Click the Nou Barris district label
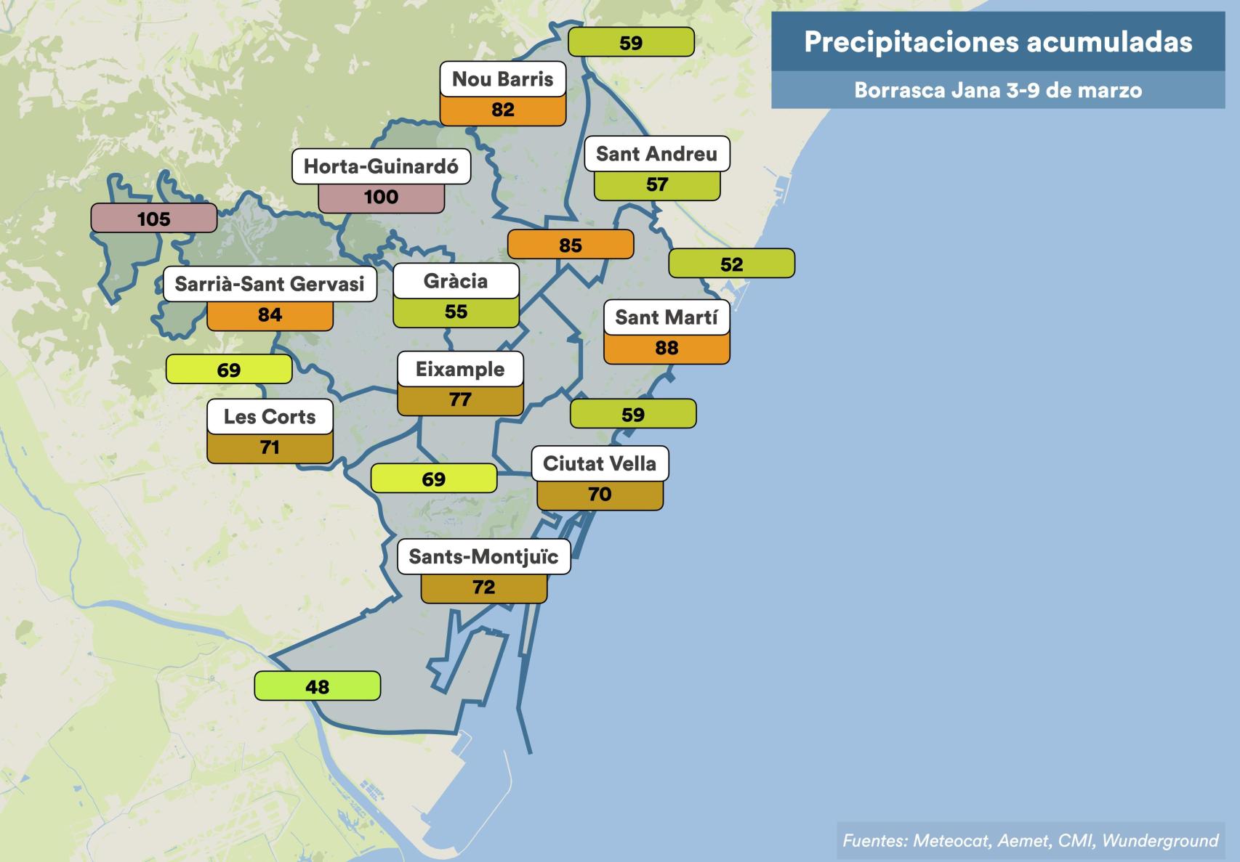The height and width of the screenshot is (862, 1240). click(x=502, y=79)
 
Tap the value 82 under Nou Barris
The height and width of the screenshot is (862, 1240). click(x=502, y=110)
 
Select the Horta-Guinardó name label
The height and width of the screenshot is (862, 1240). click(x=381, y=167)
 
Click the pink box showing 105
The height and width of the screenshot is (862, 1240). click(x=153, y=219)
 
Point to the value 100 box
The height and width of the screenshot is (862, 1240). click(x=381, y=198)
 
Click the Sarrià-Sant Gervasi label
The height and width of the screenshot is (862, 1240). click(x=270, y=284)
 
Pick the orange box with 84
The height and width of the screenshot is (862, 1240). click(x=270, y=315)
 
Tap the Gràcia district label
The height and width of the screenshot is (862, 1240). click(x=456, y=281)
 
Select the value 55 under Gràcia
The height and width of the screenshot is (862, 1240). click(x=456, y=312)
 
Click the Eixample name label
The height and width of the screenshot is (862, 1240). click(x=460, y=370)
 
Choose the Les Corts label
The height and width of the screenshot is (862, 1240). click(x=270, y=417)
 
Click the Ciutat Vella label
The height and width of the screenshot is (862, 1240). click(x=600, y=464)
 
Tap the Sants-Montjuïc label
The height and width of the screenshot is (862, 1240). click(x=483, y=557)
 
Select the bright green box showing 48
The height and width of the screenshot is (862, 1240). click(x=317, y=686)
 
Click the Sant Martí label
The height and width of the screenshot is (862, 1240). click(x=667, y=318)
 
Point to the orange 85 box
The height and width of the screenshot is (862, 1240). click(x=570, y=245)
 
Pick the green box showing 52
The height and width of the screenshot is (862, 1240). click(x=731, y=264)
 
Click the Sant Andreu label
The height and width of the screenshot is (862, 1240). click(x=656, y=154)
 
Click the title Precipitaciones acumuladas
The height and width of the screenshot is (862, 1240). click(x=997, y=42)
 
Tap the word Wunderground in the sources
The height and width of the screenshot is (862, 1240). click(x=1160, y=841)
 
